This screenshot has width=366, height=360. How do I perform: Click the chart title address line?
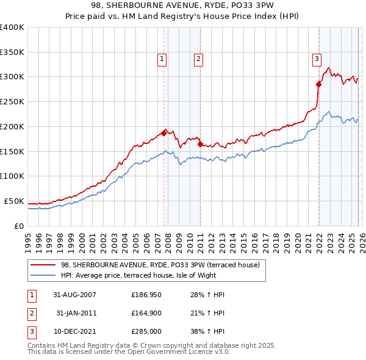pyautogui.click(x=183, y=7)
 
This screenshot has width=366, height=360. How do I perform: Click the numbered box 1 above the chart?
pyautogui.click(x=162, y=59)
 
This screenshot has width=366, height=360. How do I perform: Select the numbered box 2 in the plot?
pyautogui.click(x=199, y=59)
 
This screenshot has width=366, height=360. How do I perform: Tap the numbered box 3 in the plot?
pyautogui.click(x=317, y=59)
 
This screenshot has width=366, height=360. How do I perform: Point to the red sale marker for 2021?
pyautogui.click(x=318, y=84)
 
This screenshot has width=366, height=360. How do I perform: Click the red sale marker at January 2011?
pyautogui.click(x=200, y=144)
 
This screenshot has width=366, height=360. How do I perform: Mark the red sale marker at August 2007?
pyautogui.click(x=163, y=132)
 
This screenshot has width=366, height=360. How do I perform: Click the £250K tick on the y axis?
pyautogui.click(x=12, y=102)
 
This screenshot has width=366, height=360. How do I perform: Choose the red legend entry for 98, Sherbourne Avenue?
pyautogui.click(x=160, y=265)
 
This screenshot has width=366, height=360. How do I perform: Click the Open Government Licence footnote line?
pyautogui.click(x=129, y=352)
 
